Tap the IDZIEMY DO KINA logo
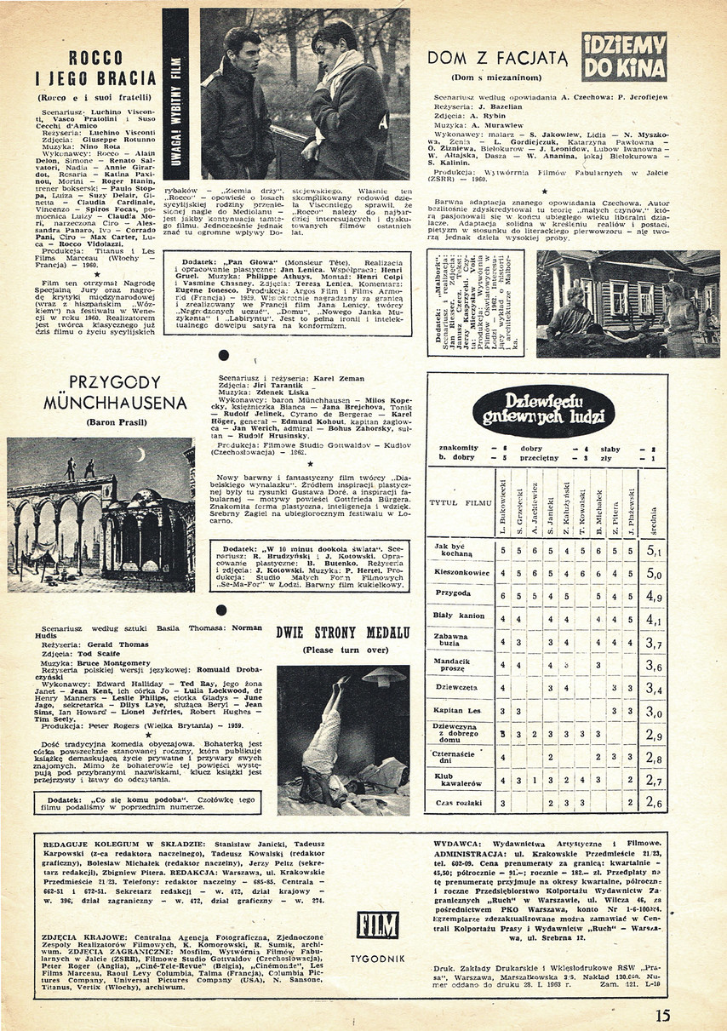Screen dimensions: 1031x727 point(623,56)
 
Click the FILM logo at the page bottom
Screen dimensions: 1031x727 point(379,925)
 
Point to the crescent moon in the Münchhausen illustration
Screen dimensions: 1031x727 point(140,455)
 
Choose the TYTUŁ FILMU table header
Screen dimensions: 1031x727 point(461,502)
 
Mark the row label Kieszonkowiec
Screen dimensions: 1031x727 point(461,573)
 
